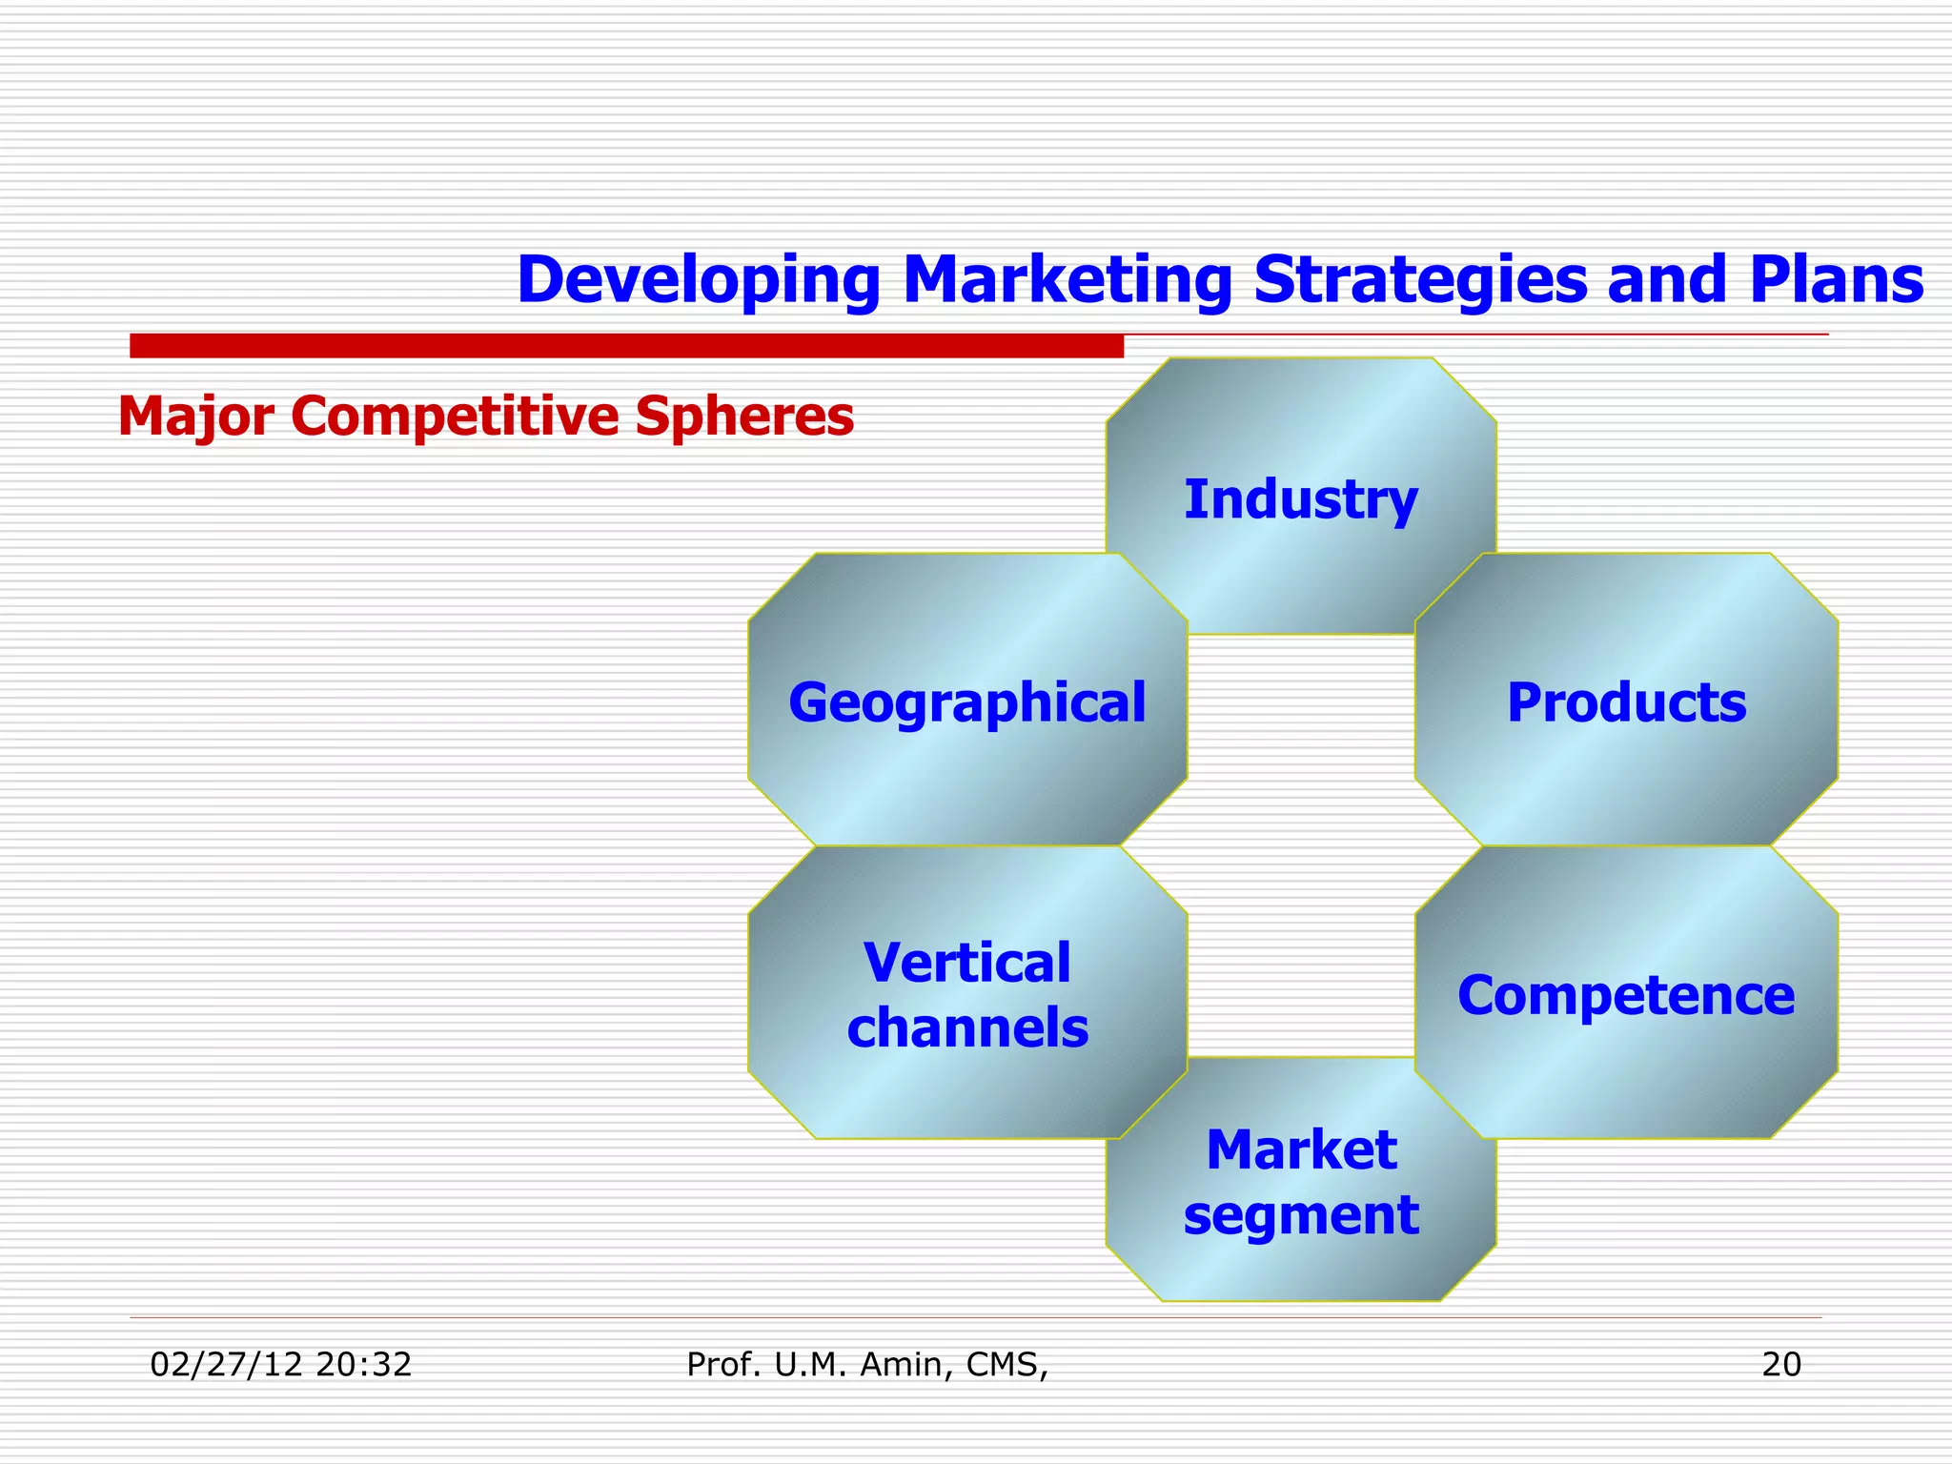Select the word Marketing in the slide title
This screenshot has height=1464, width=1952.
(x=1067, y=280)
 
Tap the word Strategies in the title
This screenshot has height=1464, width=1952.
(x=1421, y=280)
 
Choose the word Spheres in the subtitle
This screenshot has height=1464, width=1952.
(x=744, y=417)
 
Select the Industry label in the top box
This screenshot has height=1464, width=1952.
(x=1300, y=499)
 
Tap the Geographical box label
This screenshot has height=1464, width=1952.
(x=966, y=702)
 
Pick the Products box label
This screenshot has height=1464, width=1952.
(x=1626, y=702)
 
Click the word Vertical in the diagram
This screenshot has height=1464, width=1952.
(x=966, y=963)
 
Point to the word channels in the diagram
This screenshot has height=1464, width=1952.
(x=966, y=1027)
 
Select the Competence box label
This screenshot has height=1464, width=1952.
(x=1626, y=995)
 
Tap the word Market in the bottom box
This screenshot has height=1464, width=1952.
(x=1301, y=1149)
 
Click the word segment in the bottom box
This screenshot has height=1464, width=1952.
(x=1301, y=1215)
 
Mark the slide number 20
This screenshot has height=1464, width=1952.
(x=1781, y=1365)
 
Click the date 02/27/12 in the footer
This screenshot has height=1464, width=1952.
(x=227, y=1365)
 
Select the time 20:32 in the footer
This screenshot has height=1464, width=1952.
(x=363, y=1365)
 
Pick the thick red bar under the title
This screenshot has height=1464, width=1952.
(x=626, y=346)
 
